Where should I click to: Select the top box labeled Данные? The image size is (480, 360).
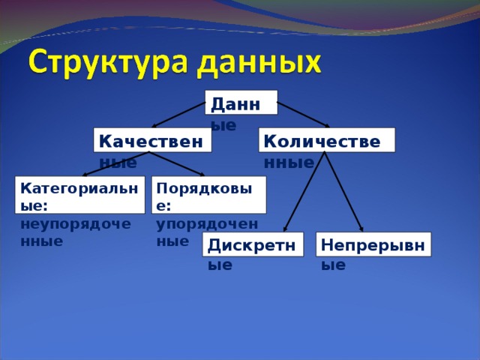241,103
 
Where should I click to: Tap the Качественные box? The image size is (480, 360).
152,140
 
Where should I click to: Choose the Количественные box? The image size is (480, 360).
326,140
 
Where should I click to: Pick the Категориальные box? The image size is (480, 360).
81,194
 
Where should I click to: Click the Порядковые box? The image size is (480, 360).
209,194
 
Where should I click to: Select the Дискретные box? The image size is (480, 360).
253,244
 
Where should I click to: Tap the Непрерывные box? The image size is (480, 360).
373,244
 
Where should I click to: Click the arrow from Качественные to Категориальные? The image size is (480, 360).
116,164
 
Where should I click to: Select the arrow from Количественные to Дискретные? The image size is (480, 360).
304,191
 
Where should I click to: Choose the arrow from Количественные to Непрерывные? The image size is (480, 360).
343,191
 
